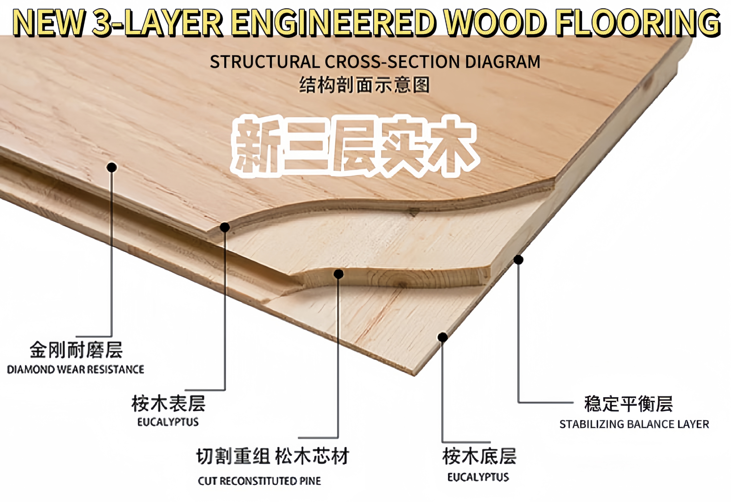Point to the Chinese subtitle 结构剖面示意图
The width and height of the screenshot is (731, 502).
pos(364,85)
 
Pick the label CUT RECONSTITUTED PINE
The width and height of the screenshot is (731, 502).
pos(259,481)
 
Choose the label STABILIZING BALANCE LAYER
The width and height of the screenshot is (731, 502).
pos(634,424)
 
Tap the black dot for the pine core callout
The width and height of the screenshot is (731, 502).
pos(338,274)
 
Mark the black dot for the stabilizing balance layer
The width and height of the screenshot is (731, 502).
pos(518,260)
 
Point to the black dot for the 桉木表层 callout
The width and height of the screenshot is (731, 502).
pos(225,227)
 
